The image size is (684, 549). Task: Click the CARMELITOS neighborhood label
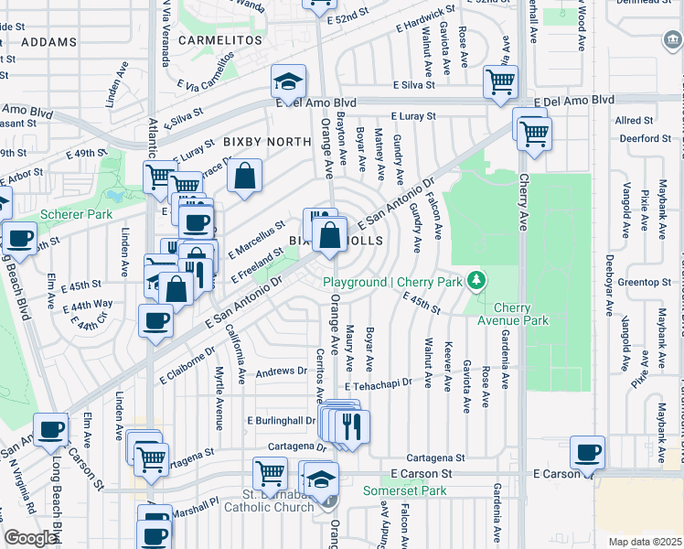click(x=214, y=40)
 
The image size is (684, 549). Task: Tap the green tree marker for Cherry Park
click(x=475, y=279)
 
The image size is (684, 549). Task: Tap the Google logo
click(x=31, y=537)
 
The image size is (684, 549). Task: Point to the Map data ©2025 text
click(x=644, y=542)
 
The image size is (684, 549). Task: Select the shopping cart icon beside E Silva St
click(x=500, y=81)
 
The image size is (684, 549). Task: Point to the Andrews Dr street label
click(x=281, y=371)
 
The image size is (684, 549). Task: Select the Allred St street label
click(x=634, y=120)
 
